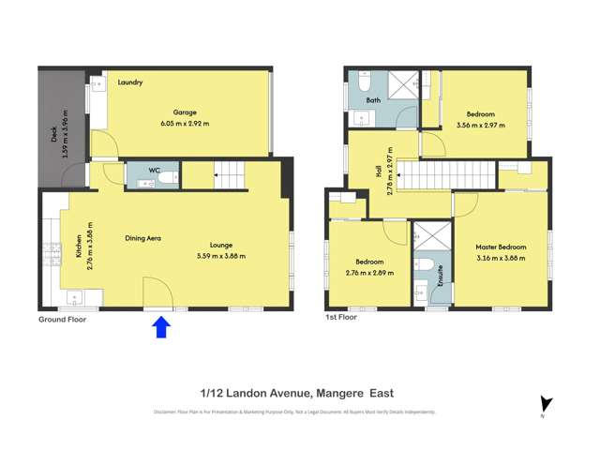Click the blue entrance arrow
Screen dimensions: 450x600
[160, 327]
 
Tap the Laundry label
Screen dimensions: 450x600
[130, 82]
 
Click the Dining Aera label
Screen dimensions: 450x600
[143, 238]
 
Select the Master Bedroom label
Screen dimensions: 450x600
[501, 247]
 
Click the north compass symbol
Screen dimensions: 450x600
[547, 403]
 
